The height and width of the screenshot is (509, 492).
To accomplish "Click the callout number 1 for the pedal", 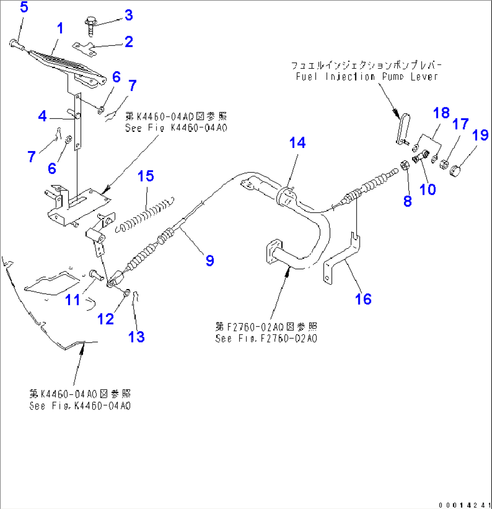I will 59,28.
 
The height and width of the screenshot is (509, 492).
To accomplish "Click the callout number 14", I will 297,143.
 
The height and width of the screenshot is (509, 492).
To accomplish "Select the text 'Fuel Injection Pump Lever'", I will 367,77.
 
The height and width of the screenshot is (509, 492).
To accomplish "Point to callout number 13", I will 137,336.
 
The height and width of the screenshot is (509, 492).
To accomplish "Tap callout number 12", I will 107,319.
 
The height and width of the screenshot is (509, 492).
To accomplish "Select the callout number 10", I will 427,189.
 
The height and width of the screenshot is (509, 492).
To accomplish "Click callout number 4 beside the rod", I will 42,116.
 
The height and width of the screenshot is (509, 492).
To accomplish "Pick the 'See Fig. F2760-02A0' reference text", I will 266,338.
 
